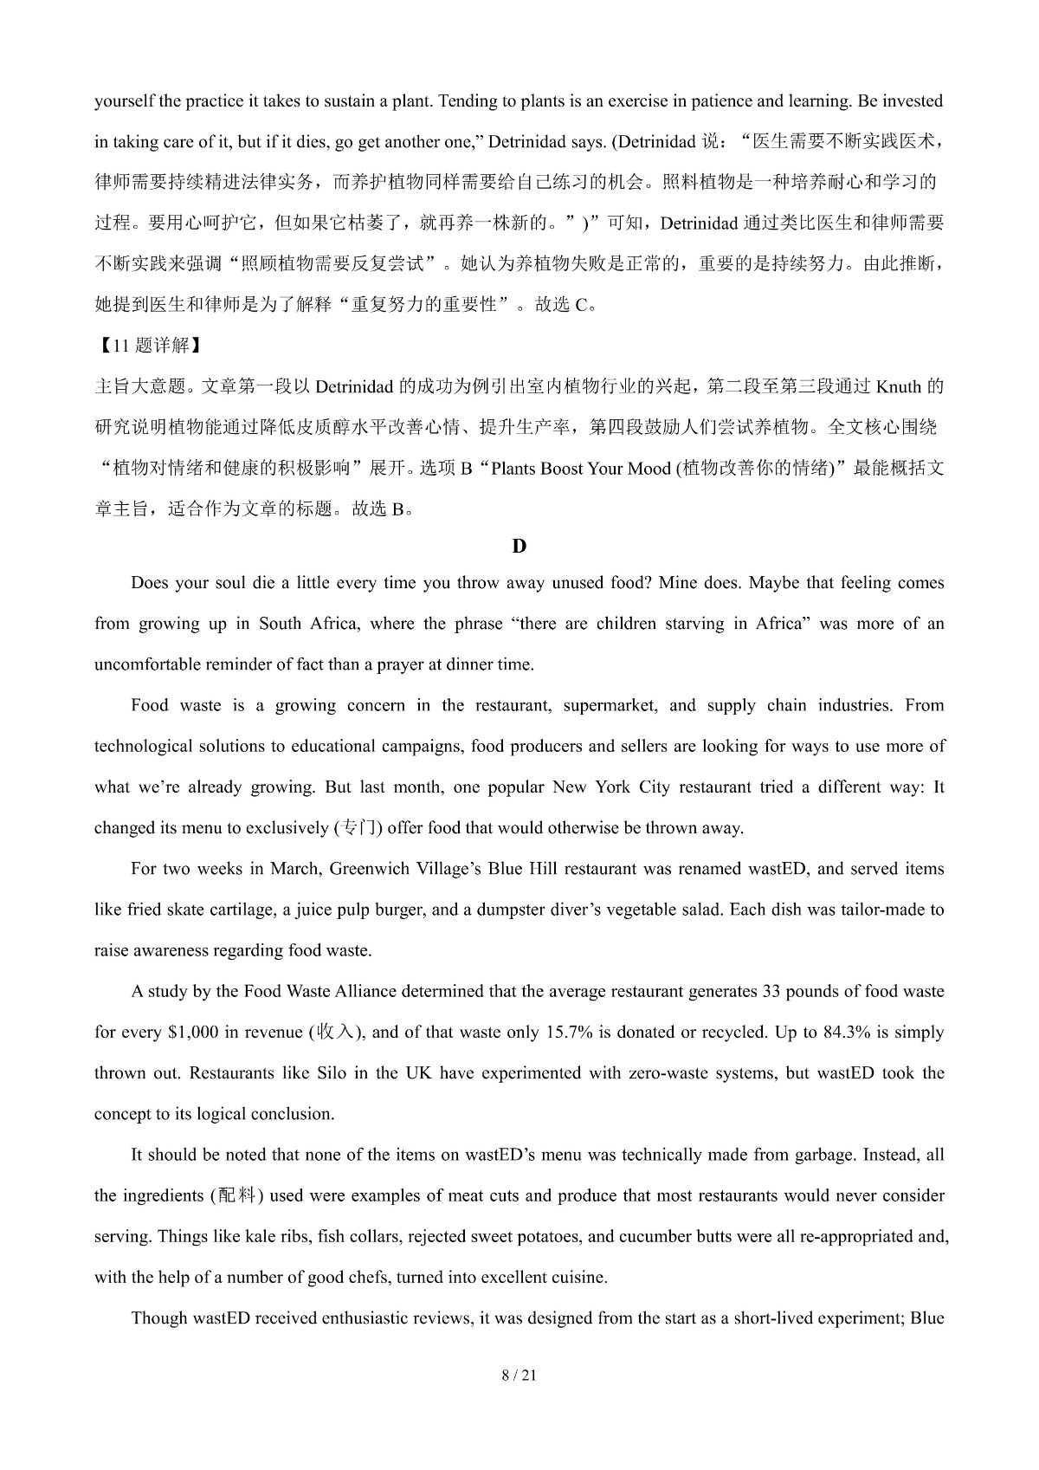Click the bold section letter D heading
(519, 546)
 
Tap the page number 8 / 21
(519, 1375)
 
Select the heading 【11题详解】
(147, 346)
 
